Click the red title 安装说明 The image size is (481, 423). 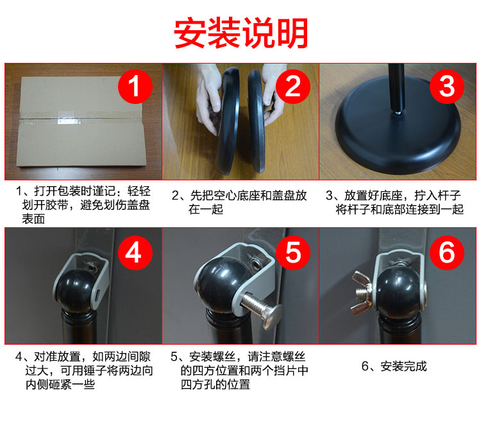point(241,32)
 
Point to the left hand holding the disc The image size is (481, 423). point(208,106)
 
